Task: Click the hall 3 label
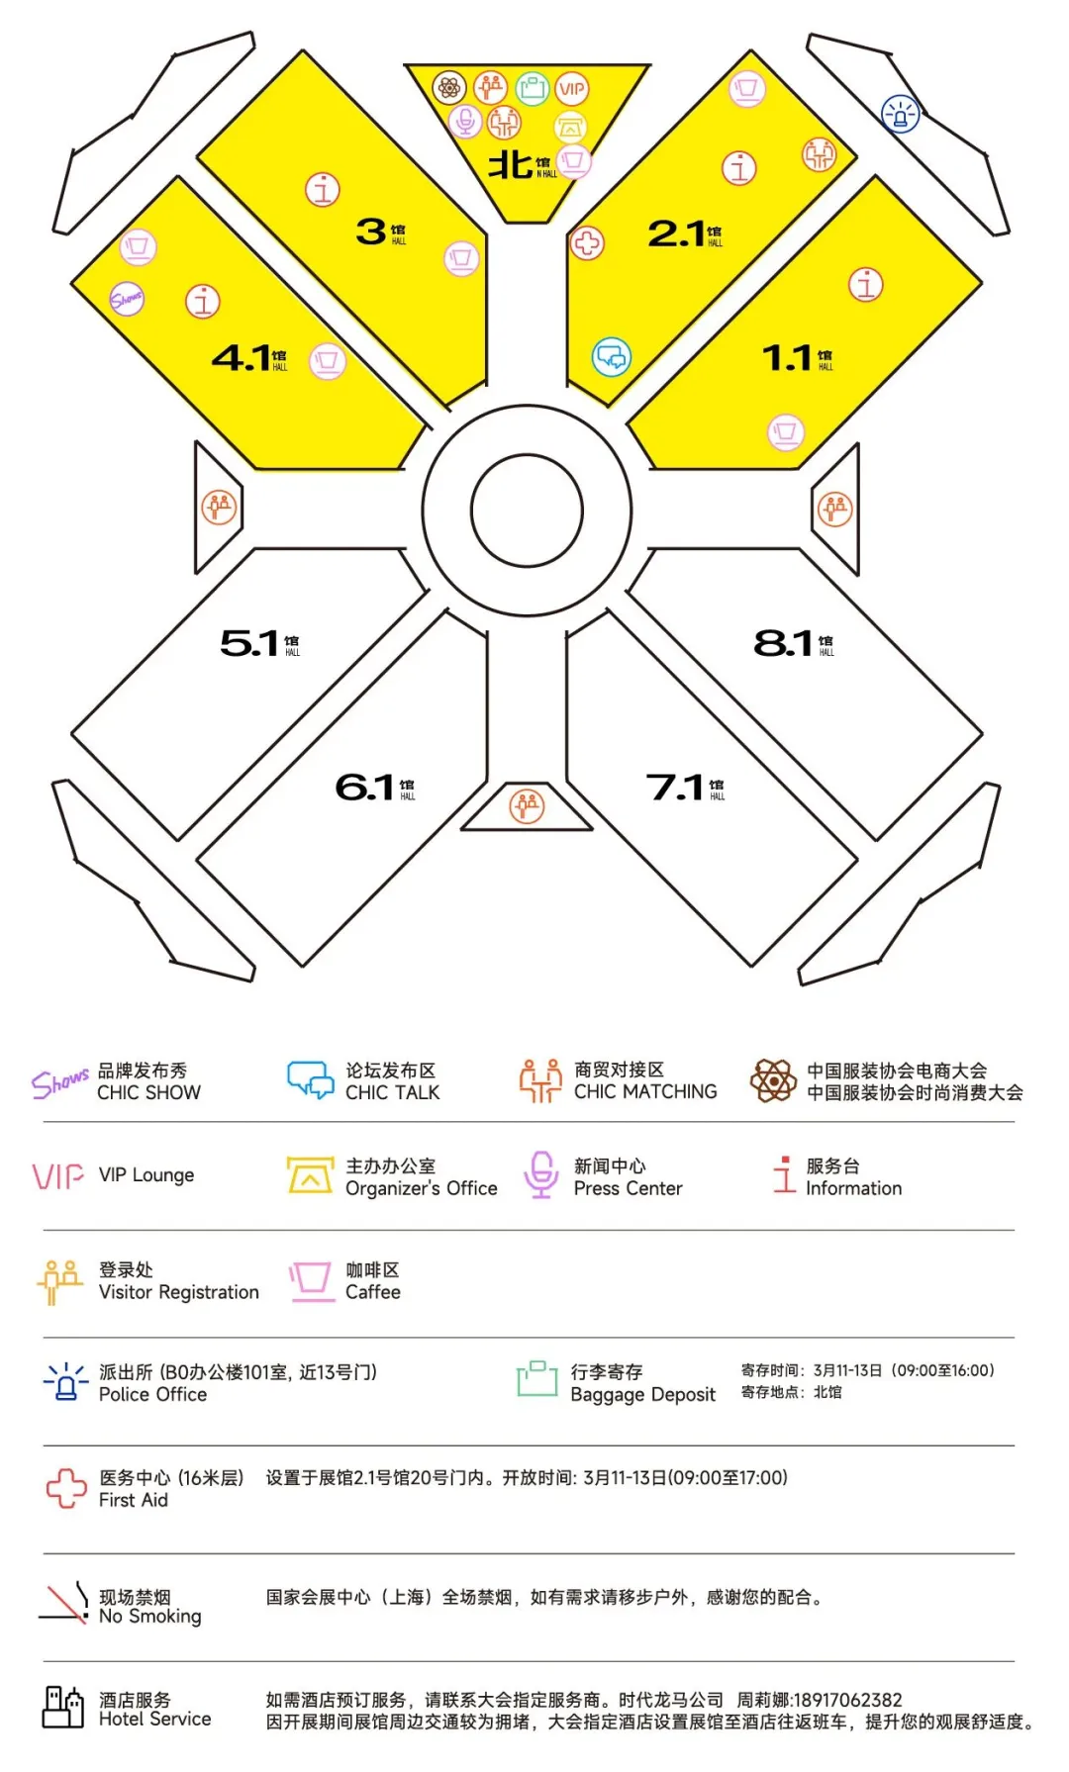click(x=379, y=233)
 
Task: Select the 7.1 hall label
click(x=684, y=788)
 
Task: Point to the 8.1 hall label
click(x=793, y=643)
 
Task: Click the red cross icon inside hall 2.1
click(x=587, y=243)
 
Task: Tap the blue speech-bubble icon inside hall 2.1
click(x=611, y=356)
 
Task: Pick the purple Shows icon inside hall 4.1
click(x=127, y=298)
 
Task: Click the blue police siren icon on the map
click(x=900, y=115)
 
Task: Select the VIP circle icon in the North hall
click(x=572, y=89)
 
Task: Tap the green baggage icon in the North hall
click(x=532, y=89)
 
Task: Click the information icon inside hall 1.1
click(x=866, y=285)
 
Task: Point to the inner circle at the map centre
click(x=527, y=511)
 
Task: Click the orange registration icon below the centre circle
click(x=527, y=806)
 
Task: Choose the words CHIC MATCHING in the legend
click(x=645, y=1091)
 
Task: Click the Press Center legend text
click(x=628, y=1188)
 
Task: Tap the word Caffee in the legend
click(x=373, y=1292)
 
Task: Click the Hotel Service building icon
click(x=63, y=1708)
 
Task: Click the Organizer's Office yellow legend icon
click(x=310, y=1175)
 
